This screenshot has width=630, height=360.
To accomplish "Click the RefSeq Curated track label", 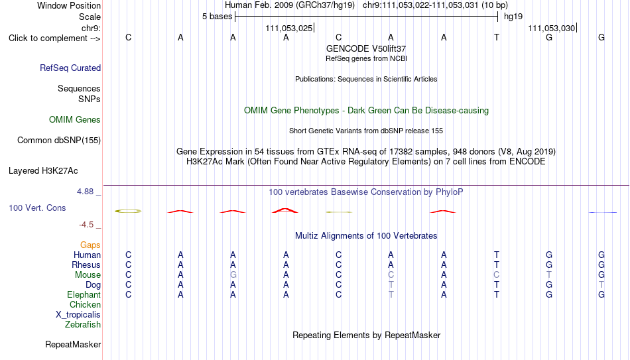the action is click(70, 68).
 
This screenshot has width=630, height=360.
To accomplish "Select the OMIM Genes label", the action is click(75, 120).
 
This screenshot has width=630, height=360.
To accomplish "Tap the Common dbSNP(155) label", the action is click(59, 141).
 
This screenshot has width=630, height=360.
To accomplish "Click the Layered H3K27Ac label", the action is click(43, 171).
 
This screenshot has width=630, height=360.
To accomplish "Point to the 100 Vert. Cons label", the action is click(37, 208).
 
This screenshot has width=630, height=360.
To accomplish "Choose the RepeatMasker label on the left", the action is click(73, 344).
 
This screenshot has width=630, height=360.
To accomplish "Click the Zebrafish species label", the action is click(83, 324).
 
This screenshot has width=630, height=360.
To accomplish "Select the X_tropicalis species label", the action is click(78, 315).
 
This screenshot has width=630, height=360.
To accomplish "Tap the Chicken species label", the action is click(85, 304).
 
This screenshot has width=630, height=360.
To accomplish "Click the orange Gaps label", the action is click(90, 245).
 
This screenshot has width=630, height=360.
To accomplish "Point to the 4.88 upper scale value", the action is click(86, 192).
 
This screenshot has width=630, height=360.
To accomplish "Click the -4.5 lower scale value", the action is click(86, 225).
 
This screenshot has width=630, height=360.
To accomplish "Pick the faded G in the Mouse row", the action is click(233, 275).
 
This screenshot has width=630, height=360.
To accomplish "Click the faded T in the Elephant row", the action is click(391, 294).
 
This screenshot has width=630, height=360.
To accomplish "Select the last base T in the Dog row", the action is click(601, 284).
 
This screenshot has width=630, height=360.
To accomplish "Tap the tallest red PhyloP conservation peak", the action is click(285, 210).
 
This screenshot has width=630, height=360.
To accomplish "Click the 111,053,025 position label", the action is click(289, 28).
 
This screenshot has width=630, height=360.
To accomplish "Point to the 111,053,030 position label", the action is click(552, 28).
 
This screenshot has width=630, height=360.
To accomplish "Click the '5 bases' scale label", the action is click(217, 17).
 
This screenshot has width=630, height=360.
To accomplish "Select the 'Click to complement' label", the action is click(54, 38).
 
